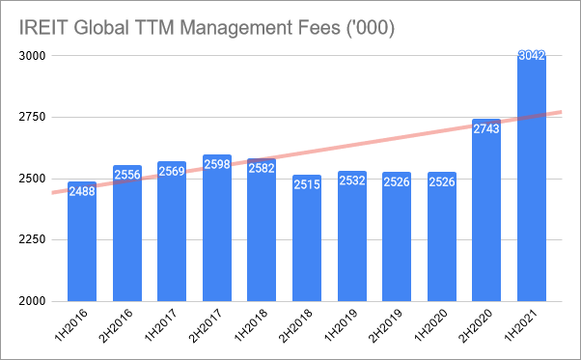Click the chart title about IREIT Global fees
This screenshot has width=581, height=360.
(x=207, y=27)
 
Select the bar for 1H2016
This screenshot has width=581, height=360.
(x=82, y=241)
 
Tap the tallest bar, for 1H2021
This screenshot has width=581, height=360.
(x=532, y=177)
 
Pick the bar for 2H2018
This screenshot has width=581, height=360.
(x=307, y=238)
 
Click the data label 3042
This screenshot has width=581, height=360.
(x=532, y=56)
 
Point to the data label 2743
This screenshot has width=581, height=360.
(x=486, y=129)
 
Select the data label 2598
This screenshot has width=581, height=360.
(x=217, y=164)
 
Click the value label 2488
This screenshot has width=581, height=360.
(x=82, y=191)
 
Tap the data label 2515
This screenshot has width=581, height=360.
(x=307, y=184)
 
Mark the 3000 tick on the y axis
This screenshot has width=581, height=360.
(x=32, y=56)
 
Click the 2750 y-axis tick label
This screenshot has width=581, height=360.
(x=32, y=117)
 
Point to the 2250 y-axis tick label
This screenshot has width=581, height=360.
(x=32, y=239)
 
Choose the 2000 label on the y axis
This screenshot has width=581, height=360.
(x=32, y=301)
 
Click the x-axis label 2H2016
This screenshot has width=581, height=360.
(x=116, y=325)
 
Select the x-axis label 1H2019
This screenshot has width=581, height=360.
(x=341, y=324)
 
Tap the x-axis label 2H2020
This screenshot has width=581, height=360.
(x=476, y=325)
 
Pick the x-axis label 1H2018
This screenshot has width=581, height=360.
(x=251, y=324)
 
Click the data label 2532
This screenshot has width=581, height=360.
(x=352, y=180)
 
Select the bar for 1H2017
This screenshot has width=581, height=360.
(x=172, y=232)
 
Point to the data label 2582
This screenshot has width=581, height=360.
(x=262, y=168)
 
